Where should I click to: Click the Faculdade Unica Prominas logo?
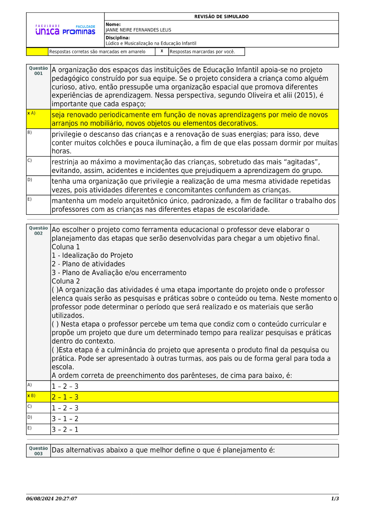click(x=65, y=30)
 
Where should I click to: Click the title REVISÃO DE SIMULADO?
click(x=221, y=17)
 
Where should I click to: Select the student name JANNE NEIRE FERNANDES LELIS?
click(x=138, y=30)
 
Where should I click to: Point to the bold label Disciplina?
click(x=118, y=38)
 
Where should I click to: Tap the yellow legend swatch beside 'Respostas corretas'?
click(x=37, y=52)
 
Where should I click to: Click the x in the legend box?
click(x=162, y=51)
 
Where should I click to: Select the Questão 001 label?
click(x=38, y=71)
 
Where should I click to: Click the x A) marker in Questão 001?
click(x=31, y=113)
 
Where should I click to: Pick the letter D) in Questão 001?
click(x=30, y=180)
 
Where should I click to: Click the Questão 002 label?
click(x=38, y=231)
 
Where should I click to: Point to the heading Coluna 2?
click(x=66, y=281)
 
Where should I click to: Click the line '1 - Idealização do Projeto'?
click(x=92, y=255)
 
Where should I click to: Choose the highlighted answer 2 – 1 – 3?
click(x=65, y=397)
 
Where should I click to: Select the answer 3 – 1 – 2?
click(x=65, y=419)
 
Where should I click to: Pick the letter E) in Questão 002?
click(x=30, y=428)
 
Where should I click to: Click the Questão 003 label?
click(x=38, y=451)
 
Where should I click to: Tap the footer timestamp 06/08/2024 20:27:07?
click(x=51, y=499)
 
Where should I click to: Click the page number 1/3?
click(x=335, y=499)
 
